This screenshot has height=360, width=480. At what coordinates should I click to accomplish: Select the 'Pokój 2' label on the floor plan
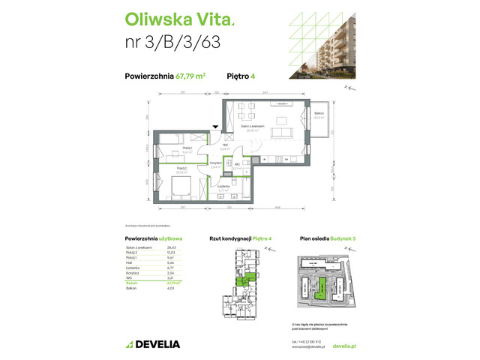[x=182, y=169]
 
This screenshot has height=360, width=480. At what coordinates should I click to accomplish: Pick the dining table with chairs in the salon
[x=249, y=116]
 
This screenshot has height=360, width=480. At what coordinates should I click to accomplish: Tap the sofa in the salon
[x=283, y=133]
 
